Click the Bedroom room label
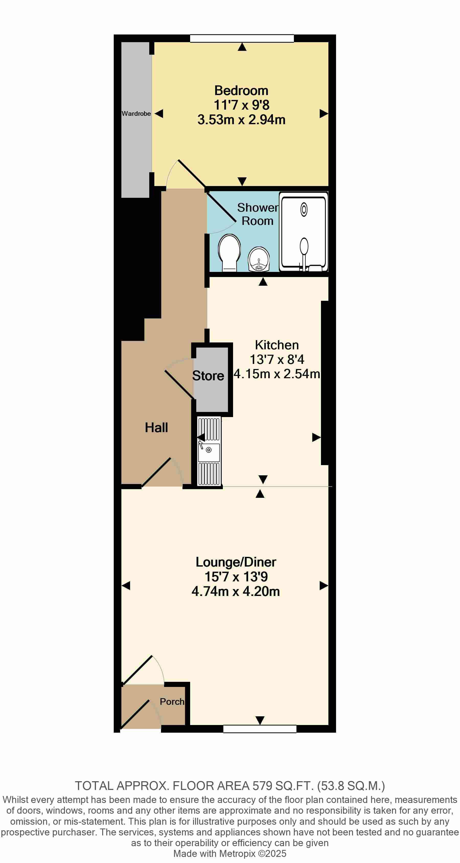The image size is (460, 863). pyautogui.click(x=241, y=90)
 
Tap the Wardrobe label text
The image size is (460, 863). pyautogui.click(x=136, y=113)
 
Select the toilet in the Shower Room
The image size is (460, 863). pyautogui.click(x=229, y=252)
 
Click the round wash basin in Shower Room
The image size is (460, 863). pyautogui.click(x=259, y=259)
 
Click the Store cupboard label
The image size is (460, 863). pyautogui.click(x=208, y=376)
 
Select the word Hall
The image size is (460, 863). pyautogui.click(x=156, y=428)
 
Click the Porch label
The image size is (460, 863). pyautogui.click(x=172, y=701)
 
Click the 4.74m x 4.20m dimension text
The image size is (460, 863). pyautogui.click(x=236, y=591)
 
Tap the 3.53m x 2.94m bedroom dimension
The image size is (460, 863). pyautogui.click(x=241, y=120)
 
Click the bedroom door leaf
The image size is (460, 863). pyautogui.click(x=192, y=174)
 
